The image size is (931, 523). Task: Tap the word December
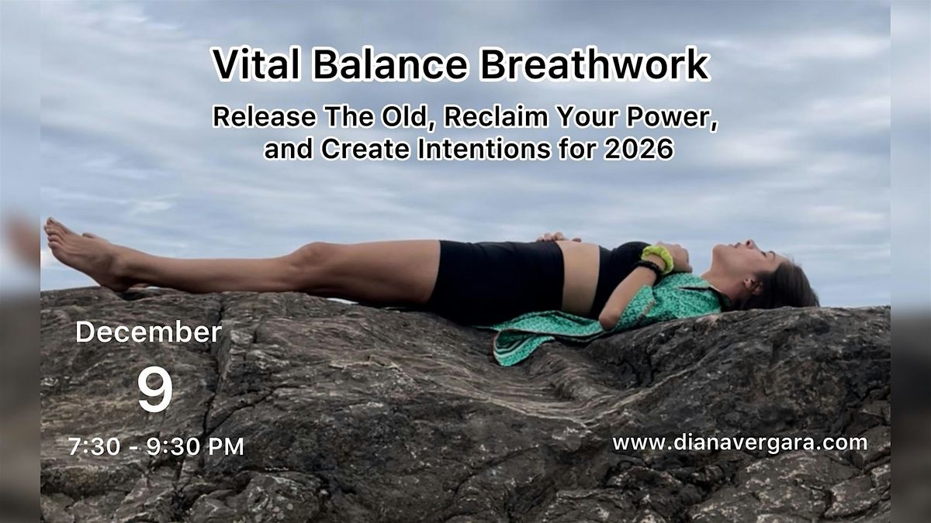pyautogui.click(x=148, y=332)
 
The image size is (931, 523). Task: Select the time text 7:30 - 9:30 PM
pyautogui.click(x=156, y=446)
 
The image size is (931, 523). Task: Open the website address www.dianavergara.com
pyautogui.click(x=739, y=442)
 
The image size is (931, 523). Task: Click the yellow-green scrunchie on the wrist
pyautogui.click(x=657, y=258)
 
